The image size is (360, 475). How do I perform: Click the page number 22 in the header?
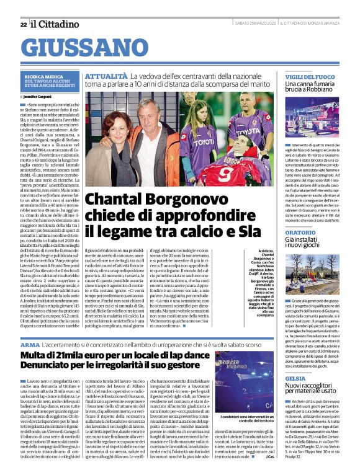click(23, 24)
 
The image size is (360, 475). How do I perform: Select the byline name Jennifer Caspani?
click(38, 97)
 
